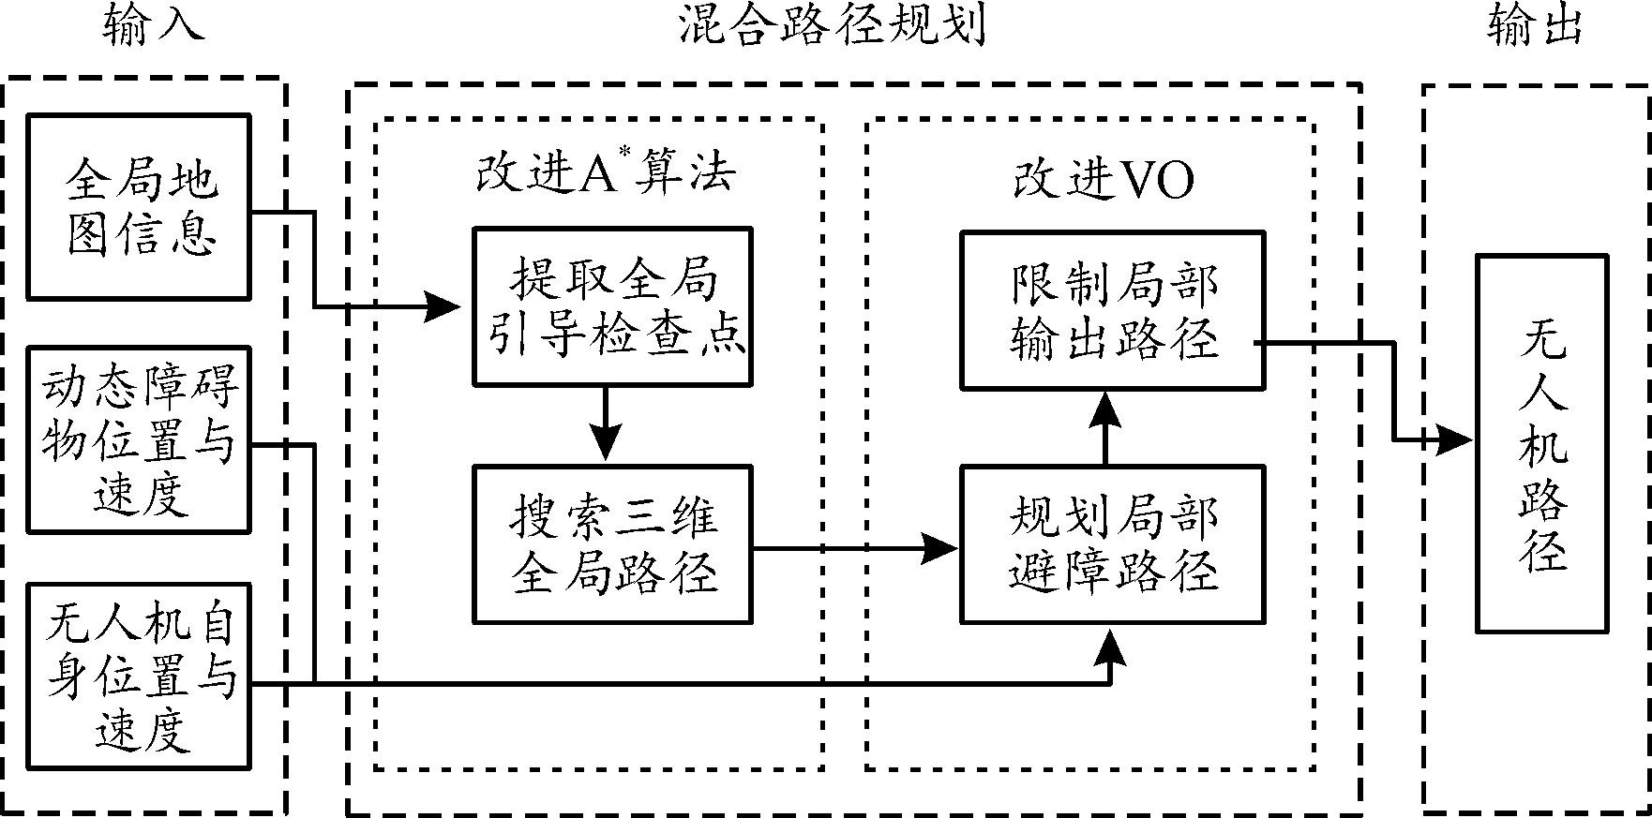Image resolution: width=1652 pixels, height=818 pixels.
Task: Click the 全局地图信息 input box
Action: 139,206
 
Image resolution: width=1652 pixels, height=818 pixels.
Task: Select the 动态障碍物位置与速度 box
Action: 139,439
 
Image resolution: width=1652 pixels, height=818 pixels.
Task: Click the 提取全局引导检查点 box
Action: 612,306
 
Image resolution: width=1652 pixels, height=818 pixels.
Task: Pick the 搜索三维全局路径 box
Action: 612,544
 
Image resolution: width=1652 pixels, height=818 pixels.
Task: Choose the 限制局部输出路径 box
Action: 1113,310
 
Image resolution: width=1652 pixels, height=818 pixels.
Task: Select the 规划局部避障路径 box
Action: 1113,544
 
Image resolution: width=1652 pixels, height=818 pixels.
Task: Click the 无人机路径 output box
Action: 1542,443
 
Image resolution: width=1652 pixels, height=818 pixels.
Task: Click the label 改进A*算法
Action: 605,175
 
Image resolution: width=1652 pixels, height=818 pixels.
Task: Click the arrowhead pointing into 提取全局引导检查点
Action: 445,305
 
